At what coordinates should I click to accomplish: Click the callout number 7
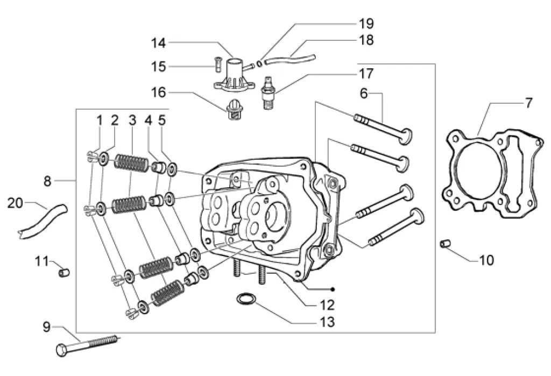528,103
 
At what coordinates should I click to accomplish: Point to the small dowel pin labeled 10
444,244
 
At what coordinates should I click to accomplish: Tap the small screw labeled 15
217,63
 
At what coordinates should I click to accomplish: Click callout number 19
366,23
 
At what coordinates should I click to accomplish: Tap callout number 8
47,182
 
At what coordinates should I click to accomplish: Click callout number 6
364,93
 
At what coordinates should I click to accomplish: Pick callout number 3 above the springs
132,120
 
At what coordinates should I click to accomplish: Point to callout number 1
99,120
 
